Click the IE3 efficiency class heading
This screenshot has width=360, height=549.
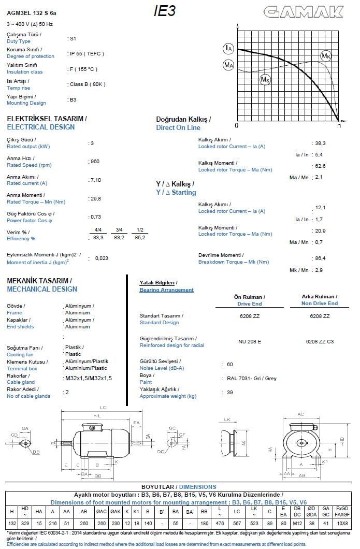click(x=165, y=11)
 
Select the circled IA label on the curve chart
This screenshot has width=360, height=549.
click(x=228, y=48)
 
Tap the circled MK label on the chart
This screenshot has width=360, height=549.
click(x=326, y=56)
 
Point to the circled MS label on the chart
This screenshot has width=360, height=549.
click(x=265, y=79)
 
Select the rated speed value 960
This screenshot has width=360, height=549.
click(x=94, y=161)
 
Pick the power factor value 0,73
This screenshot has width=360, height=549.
click(x=95, y=216)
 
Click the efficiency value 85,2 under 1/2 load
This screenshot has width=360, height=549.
click(x=140, y=237)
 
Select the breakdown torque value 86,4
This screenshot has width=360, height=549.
click(x=320, y=258)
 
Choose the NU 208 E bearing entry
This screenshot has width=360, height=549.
click(x=249, y=341)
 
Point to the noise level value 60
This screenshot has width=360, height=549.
click(x=230, y=365)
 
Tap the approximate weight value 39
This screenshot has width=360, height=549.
click(x=230, y=393)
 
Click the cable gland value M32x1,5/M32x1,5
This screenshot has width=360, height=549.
click(x=89, y=378)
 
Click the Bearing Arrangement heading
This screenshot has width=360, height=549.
click(x=166, y=290)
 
